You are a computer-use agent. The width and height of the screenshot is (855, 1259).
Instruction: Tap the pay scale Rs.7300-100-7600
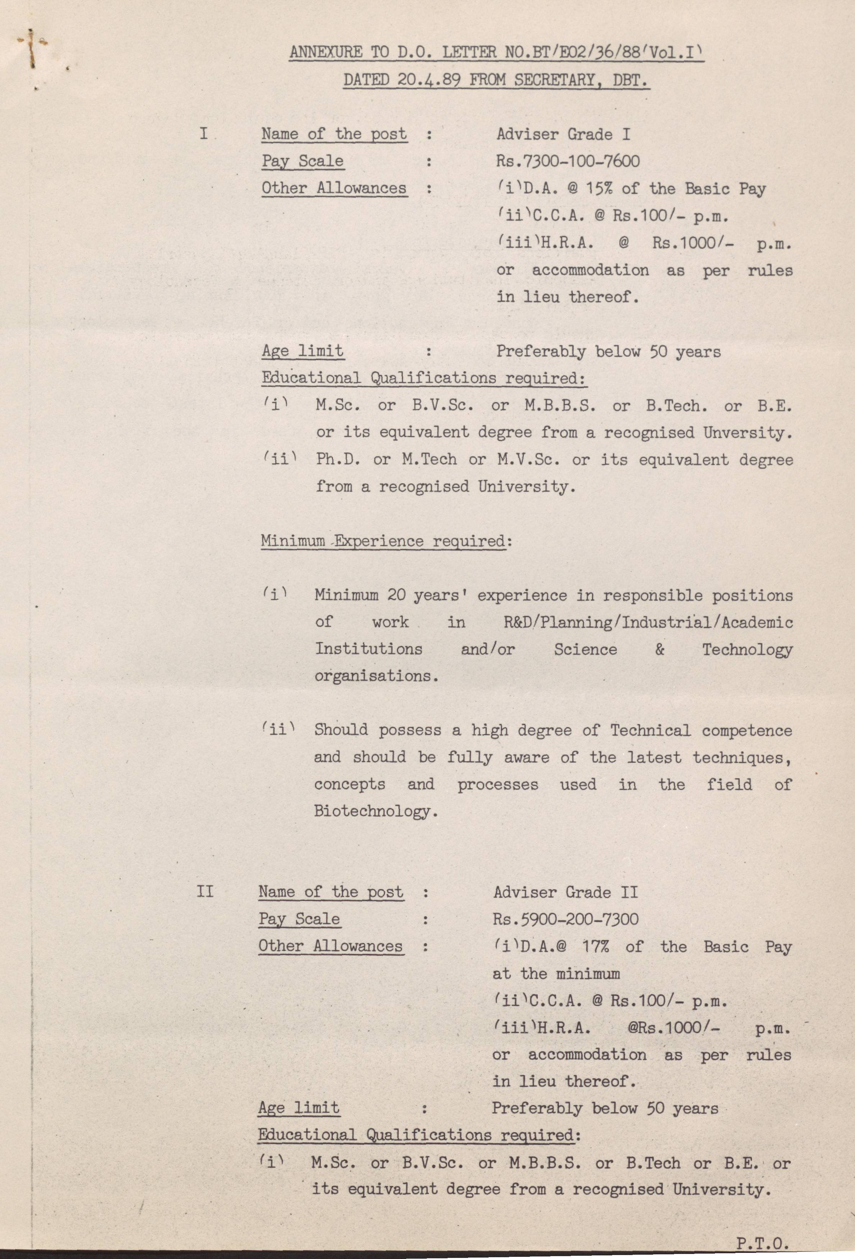(568, 162)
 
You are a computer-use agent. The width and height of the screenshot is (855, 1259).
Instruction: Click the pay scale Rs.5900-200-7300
(565, 919)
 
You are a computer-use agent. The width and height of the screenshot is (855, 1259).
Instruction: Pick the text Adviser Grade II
(565, 892)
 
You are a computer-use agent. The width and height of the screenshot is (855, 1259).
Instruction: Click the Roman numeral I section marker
(204, 134)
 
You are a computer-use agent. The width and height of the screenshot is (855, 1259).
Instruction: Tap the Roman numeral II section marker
(205, 892)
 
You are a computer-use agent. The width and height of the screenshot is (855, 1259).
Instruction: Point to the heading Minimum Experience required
(383, 541)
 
